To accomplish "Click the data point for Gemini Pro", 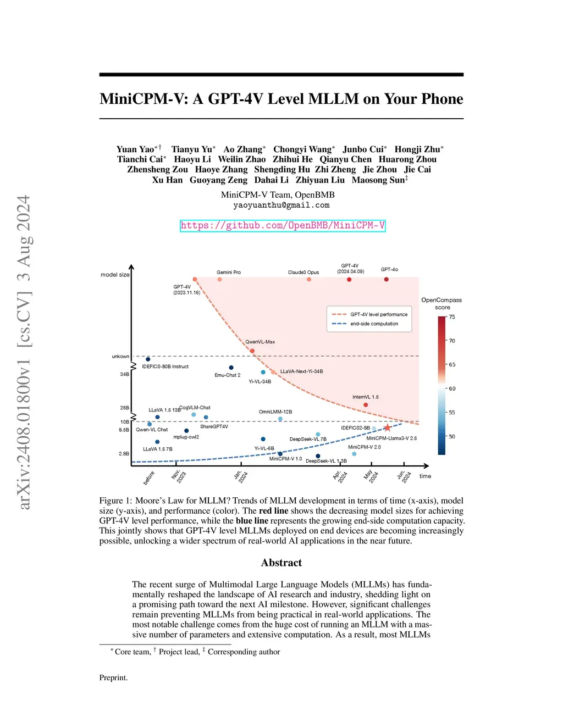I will [x=219, y=280].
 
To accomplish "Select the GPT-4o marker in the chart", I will [x=386, y=279].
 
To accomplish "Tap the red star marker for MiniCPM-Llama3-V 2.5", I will [x=387, y=427].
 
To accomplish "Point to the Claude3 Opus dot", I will [x=309, y=280].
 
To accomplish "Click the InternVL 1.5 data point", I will [x=366, y=405].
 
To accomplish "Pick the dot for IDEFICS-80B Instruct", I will [x=148, y=359].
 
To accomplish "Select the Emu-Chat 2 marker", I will [x=231, y=368].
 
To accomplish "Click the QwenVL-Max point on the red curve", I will [x=252, y=351].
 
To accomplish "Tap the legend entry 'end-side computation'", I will [x=374, y=324].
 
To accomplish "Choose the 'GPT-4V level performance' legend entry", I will [x=378, y=314].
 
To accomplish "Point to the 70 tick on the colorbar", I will [x=452, y=341].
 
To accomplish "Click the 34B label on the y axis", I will [x=124, y=374].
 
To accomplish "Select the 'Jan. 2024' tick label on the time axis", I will [x=241, y=476].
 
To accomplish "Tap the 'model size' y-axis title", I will [x=115, y=275].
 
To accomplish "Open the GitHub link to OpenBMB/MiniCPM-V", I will [x=283, y=225].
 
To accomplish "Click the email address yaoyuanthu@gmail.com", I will [x=281, y=205].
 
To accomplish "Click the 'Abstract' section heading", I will [x=281, y=563].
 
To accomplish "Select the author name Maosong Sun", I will [x=378, y=180].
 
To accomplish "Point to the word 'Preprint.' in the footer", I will [x=113, y=677].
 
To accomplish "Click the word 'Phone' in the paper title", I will [x=442, y=99].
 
